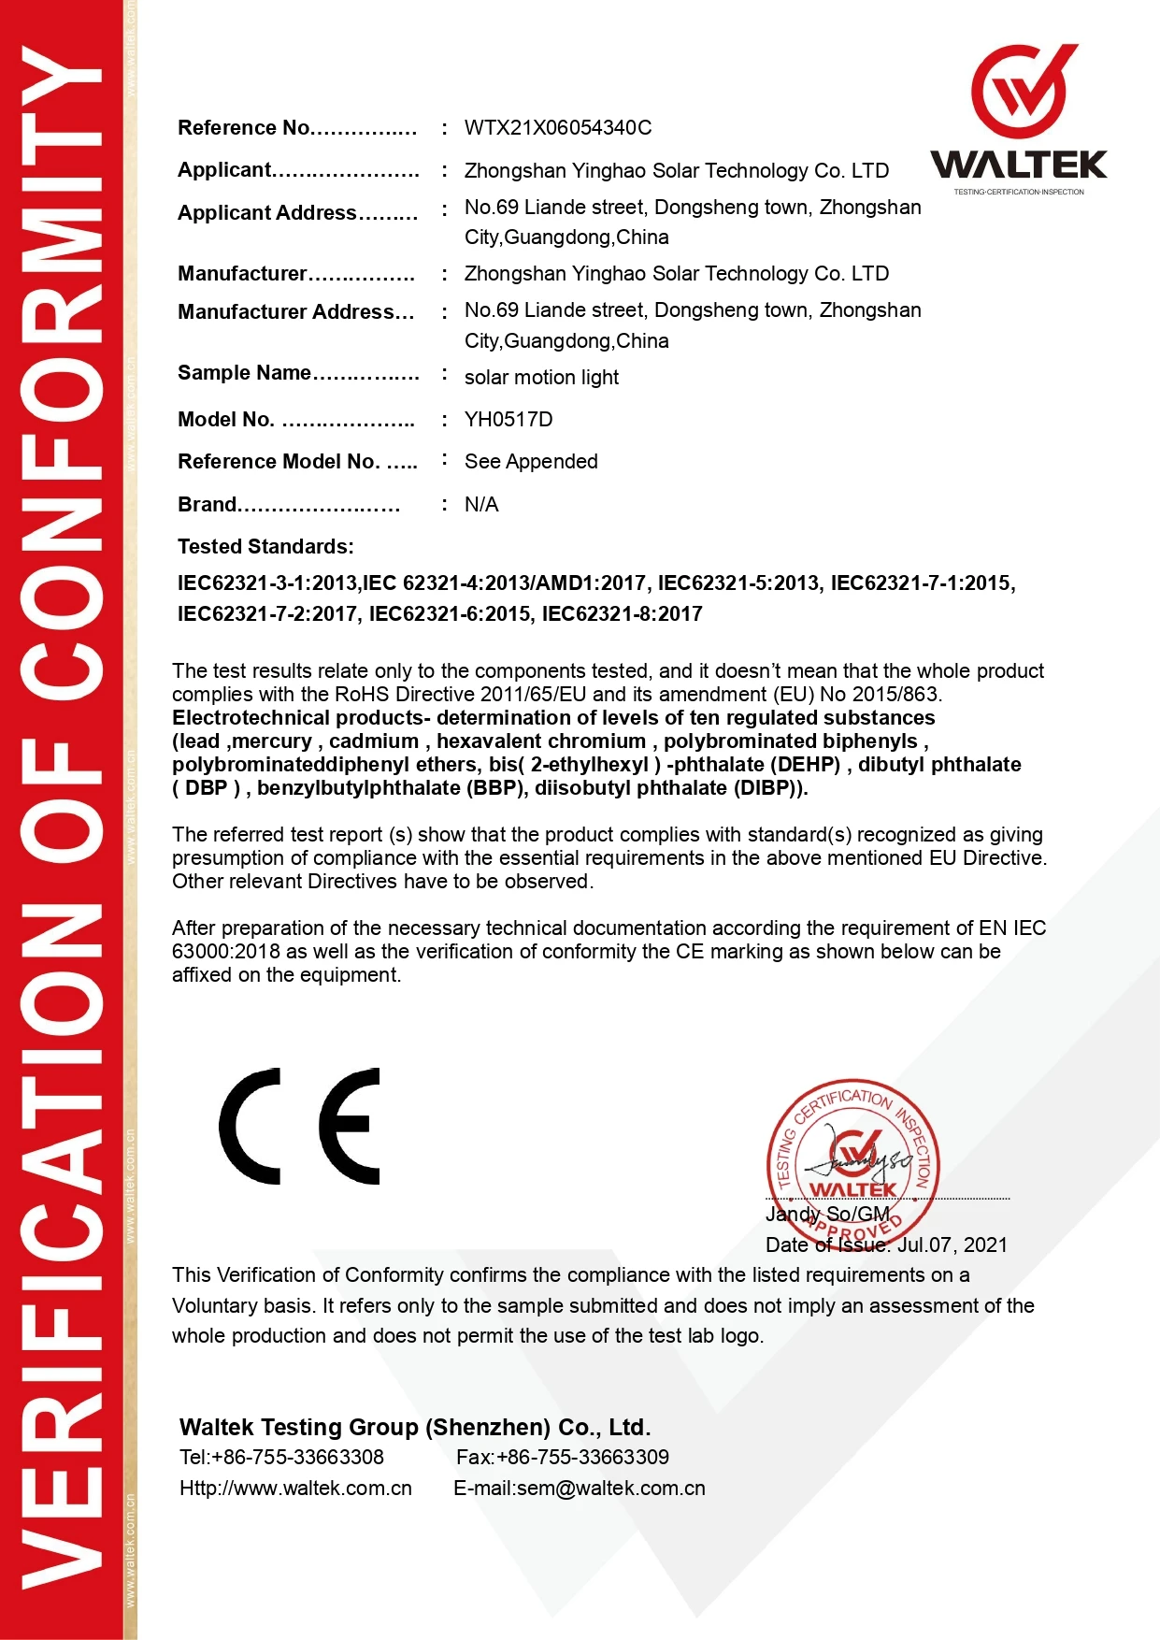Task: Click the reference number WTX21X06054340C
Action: [x=558, y=128]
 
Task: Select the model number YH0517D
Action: [x=508, y=420]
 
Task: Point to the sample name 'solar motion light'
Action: [x=541, y=378]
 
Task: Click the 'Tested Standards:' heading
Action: [x=265, y=547]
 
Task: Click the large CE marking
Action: [x=300, y=1127]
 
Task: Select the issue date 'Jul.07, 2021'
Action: [x=952, y=1245]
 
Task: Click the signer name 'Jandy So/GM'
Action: [x=827, y=1215]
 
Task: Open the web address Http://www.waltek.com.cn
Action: [x=295, y=1489]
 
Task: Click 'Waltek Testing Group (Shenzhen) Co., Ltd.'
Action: [x=415, y=1428]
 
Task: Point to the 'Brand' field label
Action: [x=208, y=505]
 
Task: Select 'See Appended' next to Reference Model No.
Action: [x=531, y=462]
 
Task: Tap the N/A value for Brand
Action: [x=481, y=505]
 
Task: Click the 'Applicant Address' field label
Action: [x=267, y=213]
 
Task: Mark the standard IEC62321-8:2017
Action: [x=622, y=614]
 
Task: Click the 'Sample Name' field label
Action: [x=244, y=373]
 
